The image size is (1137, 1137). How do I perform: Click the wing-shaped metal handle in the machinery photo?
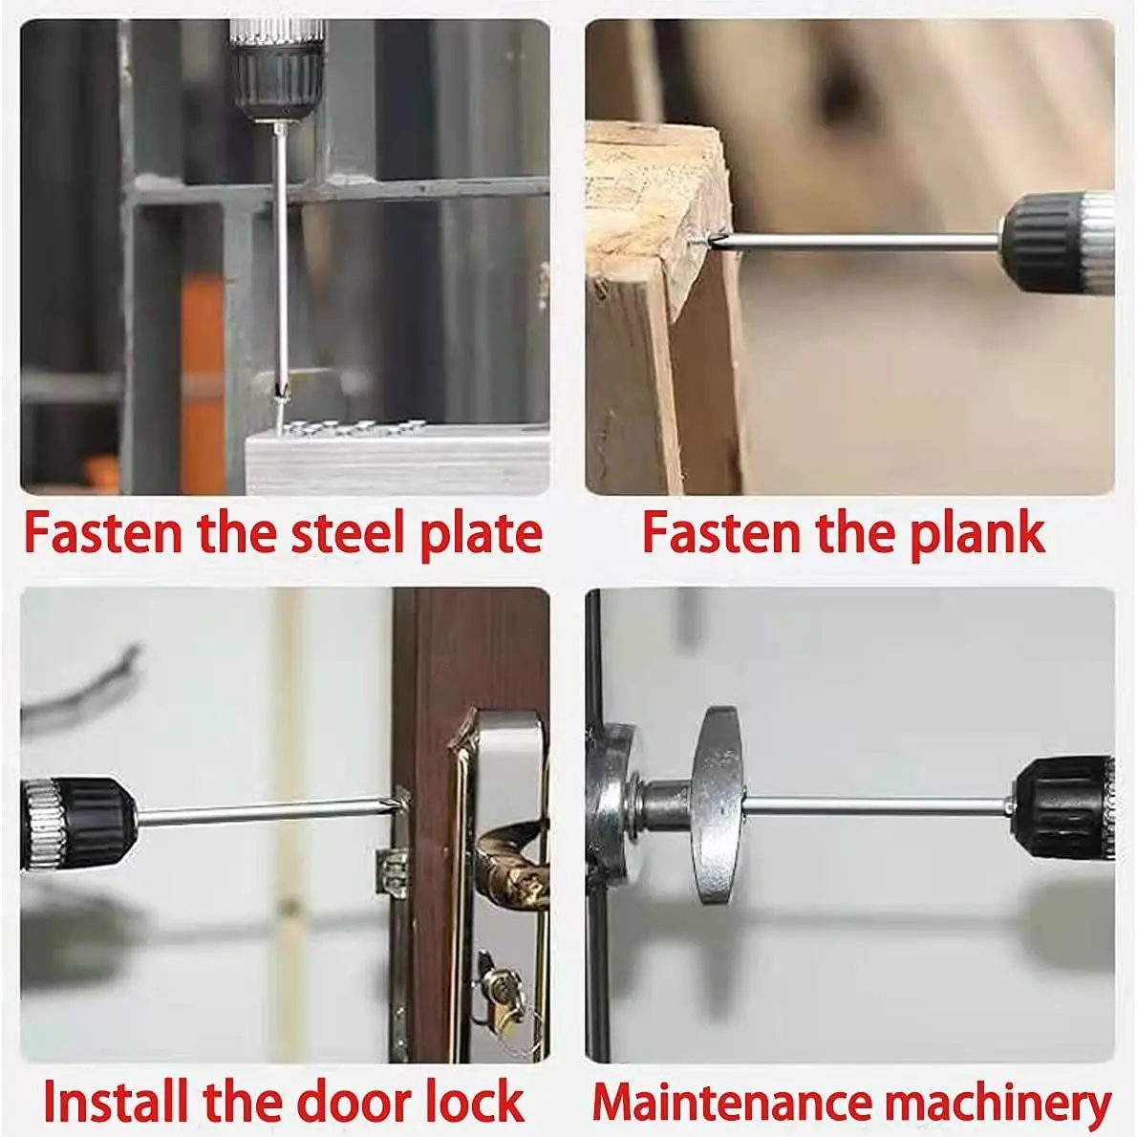(716, 804)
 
